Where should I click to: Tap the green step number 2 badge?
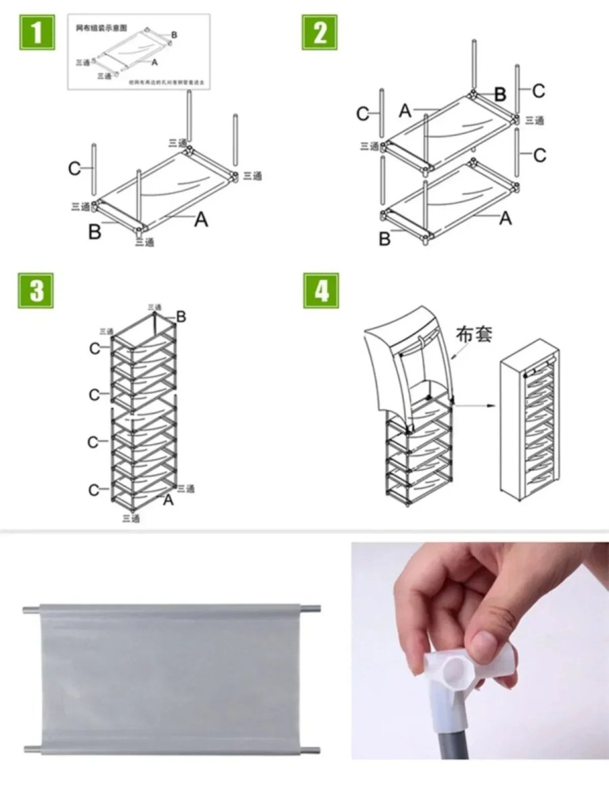coord(319,32)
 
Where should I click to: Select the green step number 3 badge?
coord(35,290)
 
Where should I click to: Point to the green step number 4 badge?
coord(321,290)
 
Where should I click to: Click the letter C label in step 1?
coord(75,168)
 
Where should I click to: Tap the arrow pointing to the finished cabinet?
coord(477,407)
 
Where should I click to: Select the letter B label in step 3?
coord(181,316)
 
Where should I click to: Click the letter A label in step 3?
coord(168,500)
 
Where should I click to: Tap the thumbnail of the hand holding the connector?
coord(480,650)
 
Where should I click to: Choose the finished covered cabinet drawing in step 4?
coord(531,420)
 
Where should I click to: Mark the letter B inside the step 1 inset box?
coord(174,35)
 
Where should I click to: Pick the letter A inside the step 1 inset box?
coord(155,62)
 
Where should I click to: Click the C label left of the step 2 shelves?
coord(363,114)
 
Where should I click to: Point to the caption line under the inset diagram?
coord(166,82)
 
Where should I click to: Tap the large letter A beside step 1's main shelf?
coord(201,219)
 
